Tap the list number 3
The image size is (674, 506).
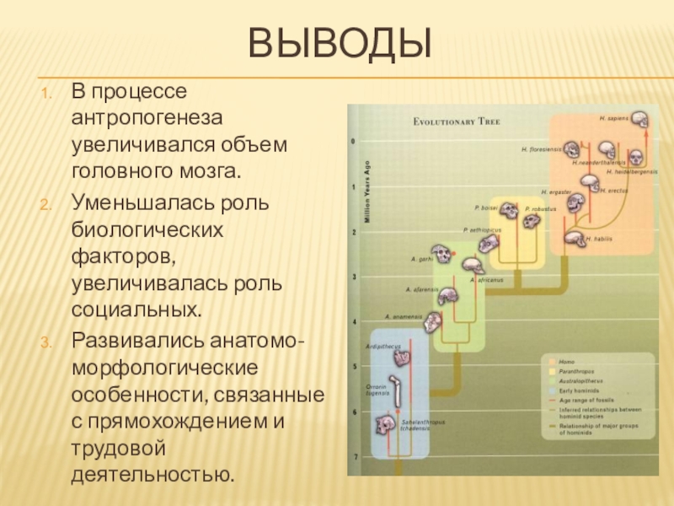click(x=48, y=340)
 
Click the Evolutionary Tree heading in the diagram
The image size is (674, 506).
click(x=457, y=122)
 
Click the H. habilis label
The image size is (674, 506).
click(x=598, y=240)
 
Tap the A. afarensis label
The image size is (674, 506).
click(x=421, y=289)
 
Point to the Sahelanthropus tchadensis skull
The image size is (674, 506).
click(x=385, y=422)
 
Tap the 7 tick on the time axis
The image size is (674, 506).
click(x=355, y=456)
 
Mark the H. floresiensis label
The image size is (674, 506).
click(x=541, y=149)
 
